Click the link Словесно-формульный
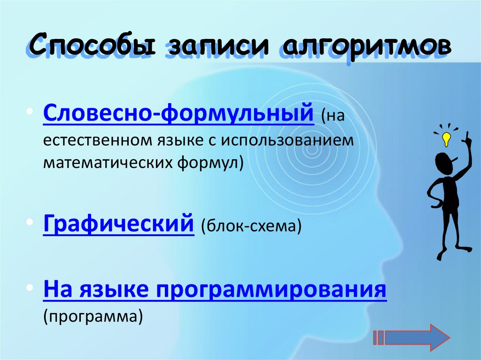pyautogui.click(x=178, y=113)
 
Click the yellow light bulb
pyautogui.click(x=446, y=138)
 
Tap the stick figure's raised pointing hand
pyautogui.click(x=467, y=138)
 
